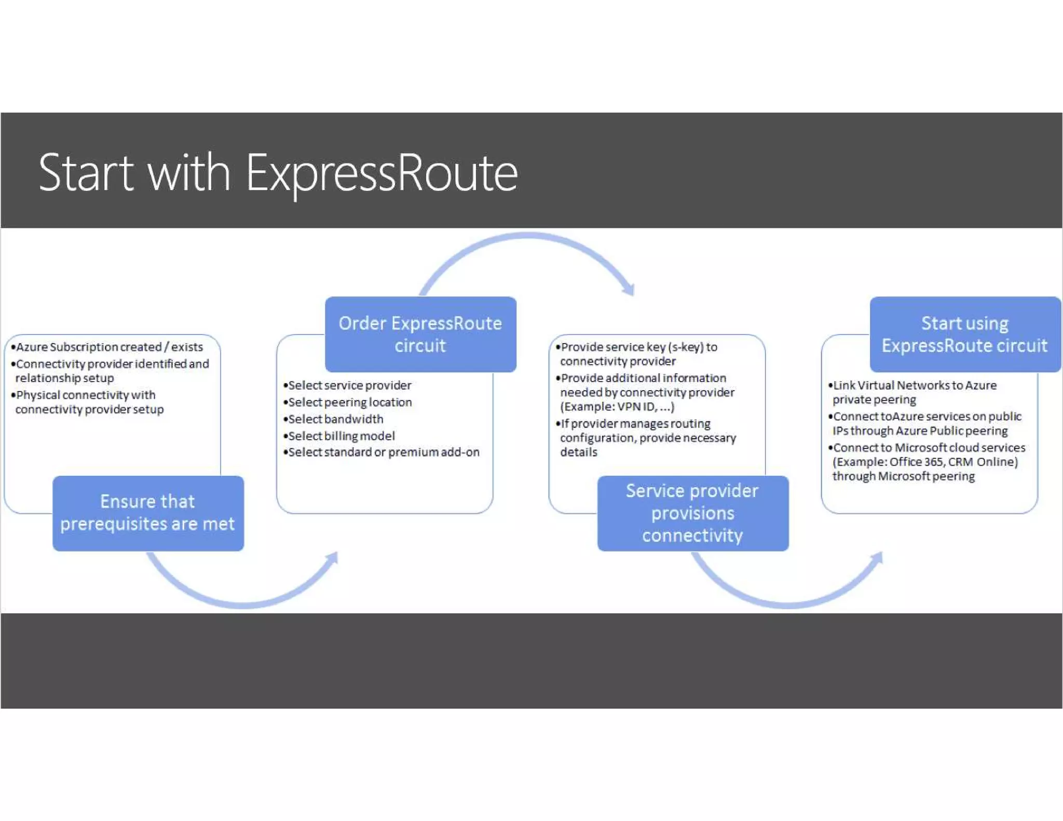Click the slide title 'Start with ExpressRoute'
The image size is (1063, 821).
coord(278,172)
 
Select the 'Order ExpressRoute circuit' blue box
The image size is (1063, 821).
coord(420,334)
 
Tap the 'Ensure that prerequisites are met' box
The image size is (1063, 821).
coord(148,513)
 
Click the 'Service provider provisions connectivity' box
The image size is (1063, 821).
coord(692,513)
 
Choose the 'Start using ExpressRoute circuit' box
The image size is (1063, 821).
coord(965,334)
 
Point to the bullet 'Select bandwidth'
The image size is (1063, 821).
coord(335,419)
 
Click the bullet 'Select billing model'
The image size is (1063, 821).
coord(341,436)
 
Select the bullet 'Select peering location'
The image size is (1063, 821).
coord(349,402)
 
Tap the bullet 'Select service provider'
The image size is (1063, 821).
coord(349,385)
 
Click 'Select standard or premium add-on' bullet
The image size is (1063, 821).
coord(384,452)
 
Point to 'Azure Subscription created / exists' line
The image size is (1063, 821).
coord(109,347)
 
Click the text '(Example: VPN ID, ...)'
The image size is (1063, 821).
coord(617,406)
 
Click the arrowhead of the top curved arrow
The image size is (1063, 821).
coord(630,289)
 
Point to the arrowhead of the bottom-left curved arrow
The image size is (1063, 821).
coord(332,558)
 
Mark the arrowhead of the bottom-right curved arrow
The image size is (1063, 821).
coord(877,558)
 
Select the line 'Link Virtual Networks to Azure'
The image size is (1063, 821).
coord(915,385)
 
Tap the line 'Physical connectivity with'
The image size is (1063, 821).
coord(86,395)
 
